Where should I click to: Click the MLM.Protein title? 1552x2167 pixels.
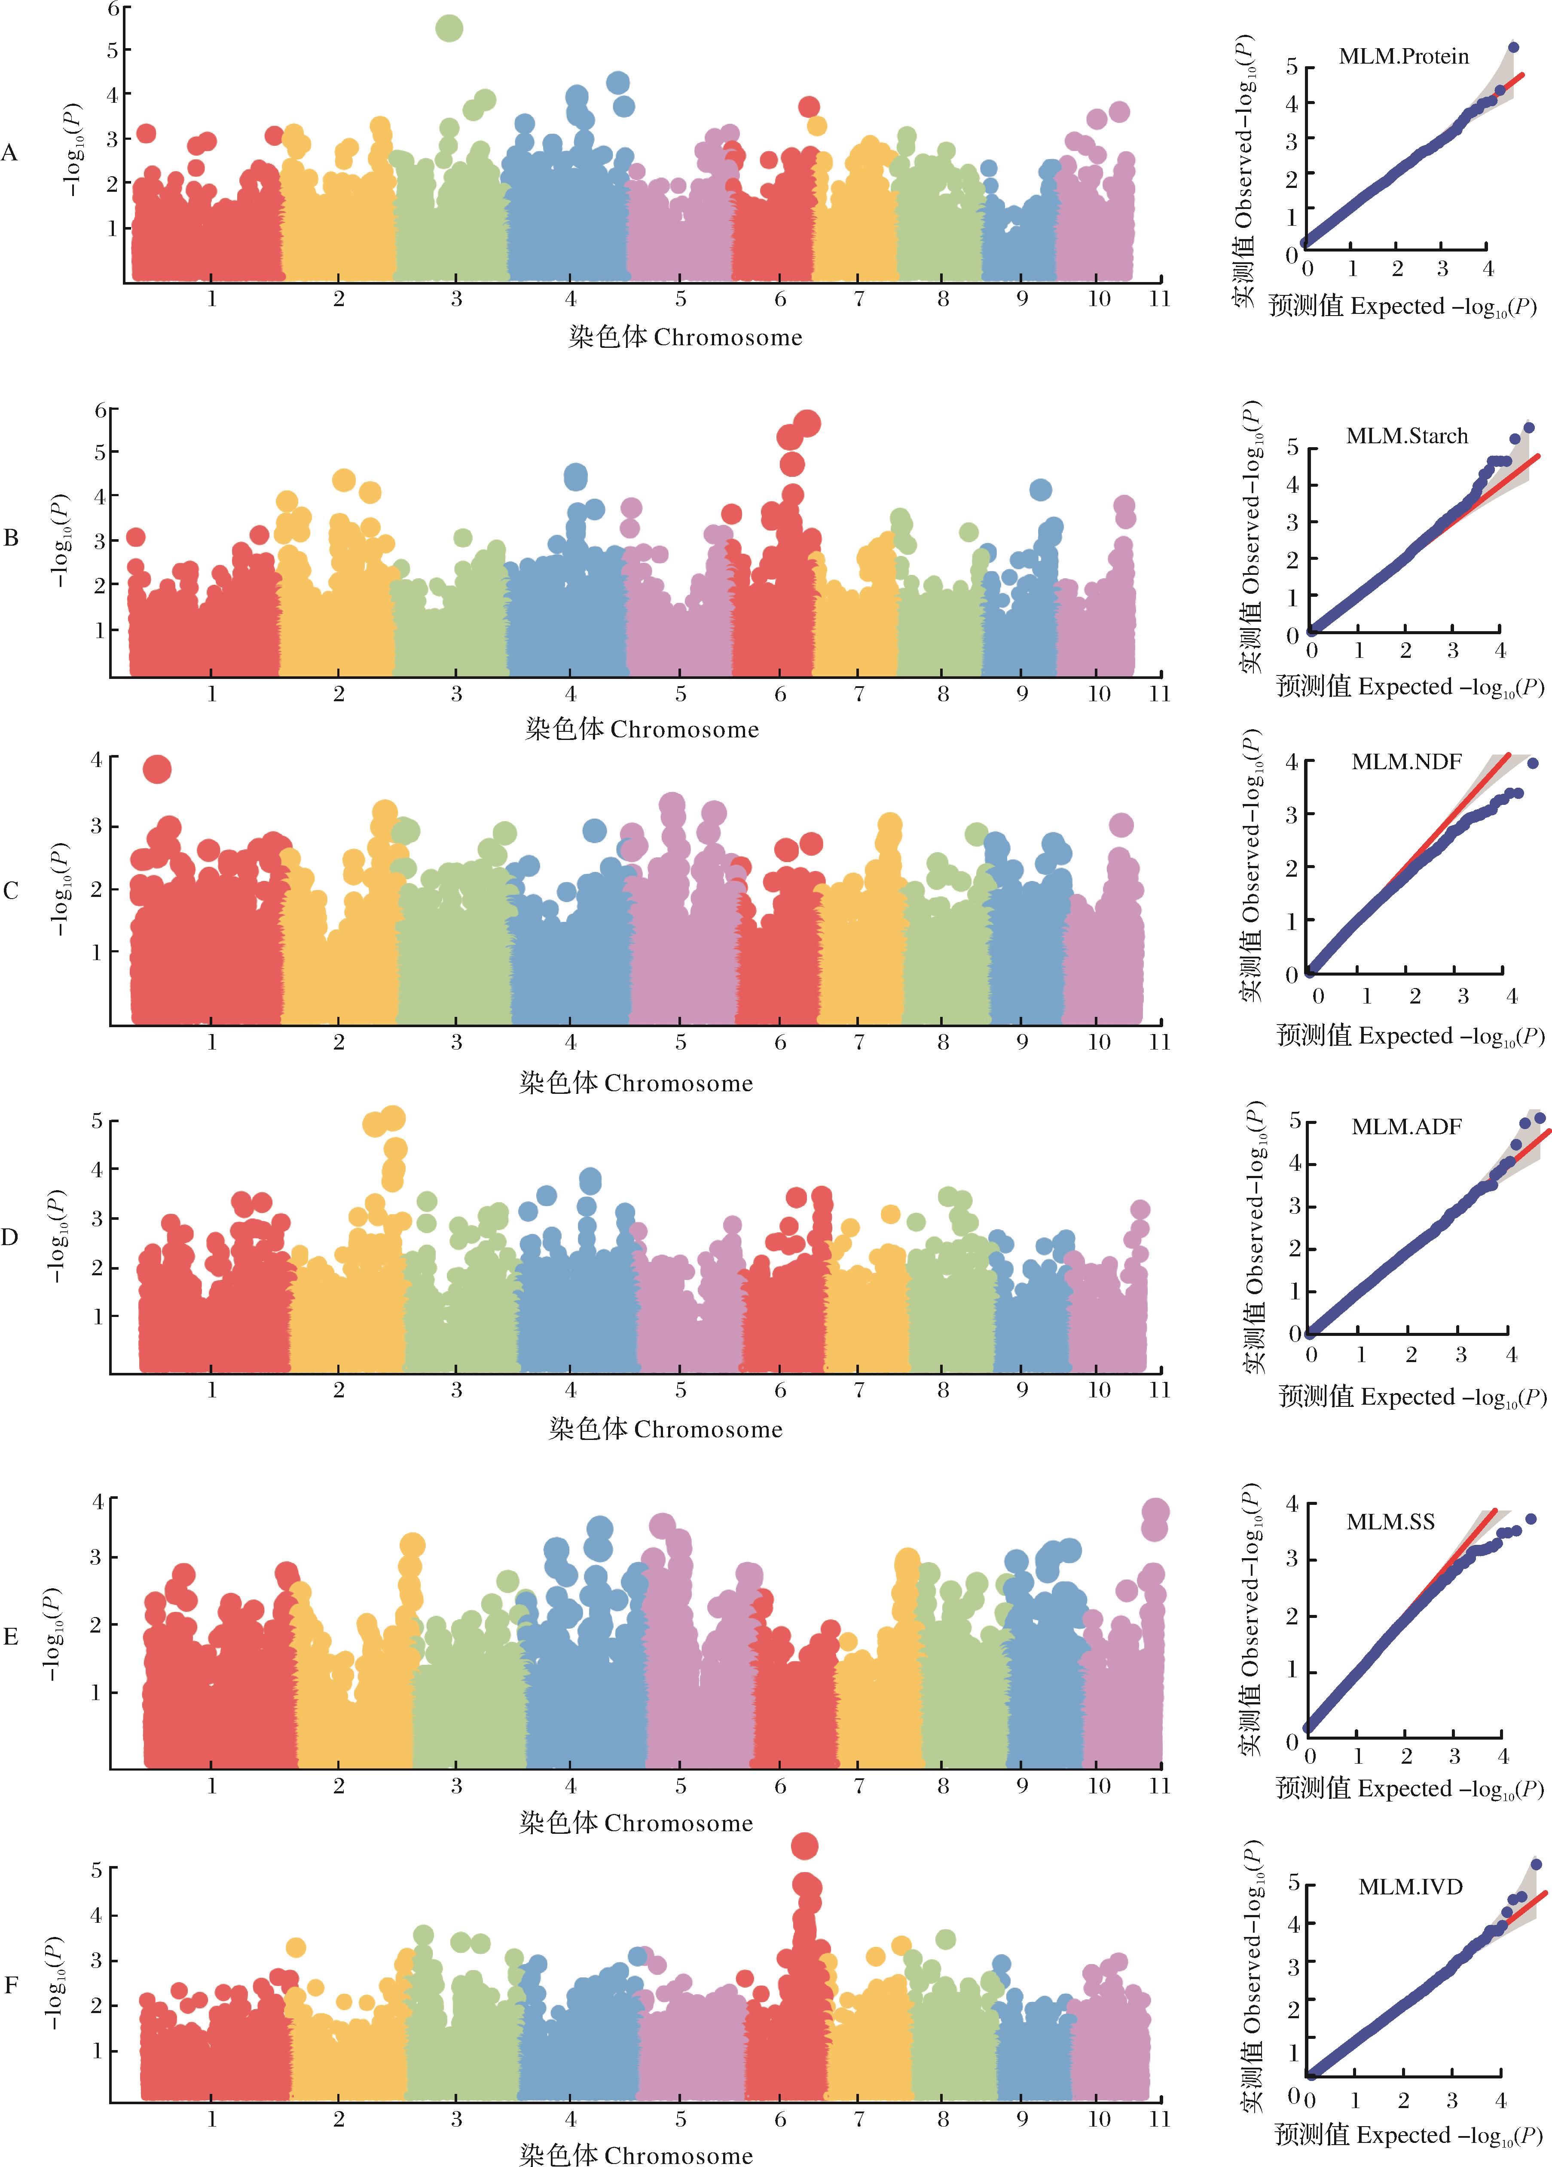(1403, 56)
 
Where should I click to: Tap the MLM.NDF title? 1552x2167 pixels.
(1406, 761)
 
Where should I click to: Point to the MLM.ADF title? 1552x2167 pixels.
(1406, 1126)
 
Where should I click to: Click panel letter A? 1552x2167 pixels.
(9, 153)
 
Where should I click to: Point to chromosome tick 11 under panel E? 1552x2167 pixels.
(1159, 1786)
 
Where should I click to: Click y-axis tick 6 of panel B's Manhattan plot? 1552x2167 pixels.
(100, 410)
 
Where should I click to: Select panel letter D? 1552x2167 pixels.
(9, 1237)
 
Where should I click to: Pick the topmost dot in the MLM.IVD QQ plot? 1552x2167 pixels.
(1536, 1864)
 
